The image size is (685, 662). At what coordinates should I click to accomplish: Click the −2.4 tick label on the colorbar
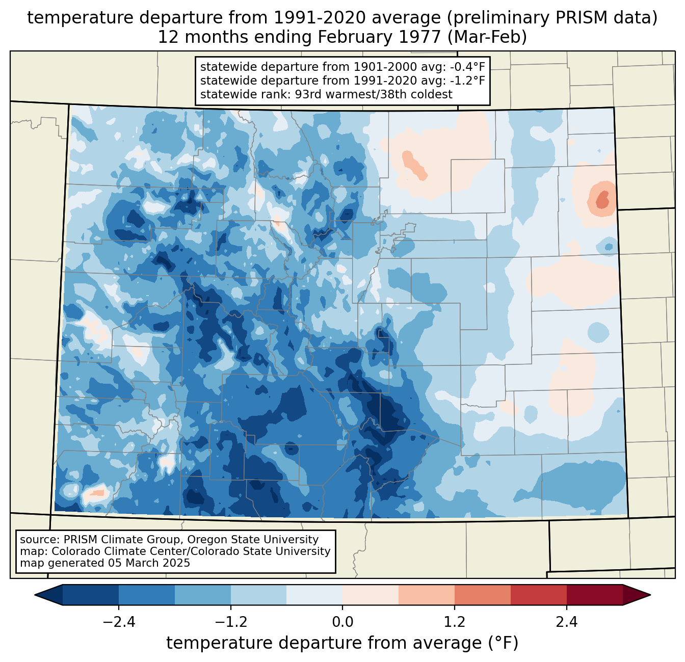pos(119,622)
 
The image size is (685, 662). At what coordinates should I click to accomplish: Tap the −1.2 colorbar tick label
pos(231,622)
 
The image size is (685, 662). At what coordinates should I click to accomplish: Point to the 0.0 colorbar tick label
pos(342,622)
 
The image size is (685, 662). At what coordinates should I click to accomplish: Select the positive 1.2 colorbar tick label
pos(455,622)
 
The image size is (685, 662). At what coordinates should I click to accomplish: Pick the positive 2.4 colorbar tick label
pos(567,622)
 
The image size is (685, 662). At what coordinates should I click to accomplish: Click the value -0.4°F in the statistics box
pos(467,67)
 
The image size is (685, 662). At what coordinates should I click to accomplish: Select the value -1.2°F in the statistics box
pos(467,81)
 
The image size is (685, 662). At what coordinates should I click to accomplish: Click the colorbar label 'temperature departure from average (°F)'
pos(342,643)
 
